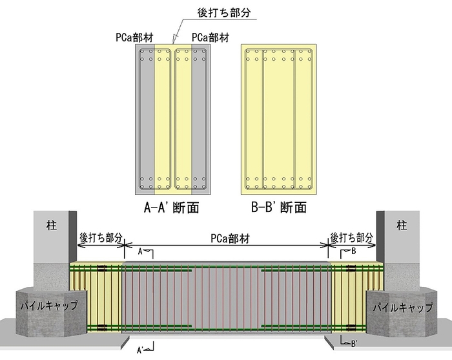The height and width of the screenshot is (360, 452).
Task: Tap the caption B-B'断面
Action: click(x=278, y=208)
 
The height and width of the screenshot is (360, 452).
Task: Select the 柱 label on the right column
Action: click(x=402, y=226)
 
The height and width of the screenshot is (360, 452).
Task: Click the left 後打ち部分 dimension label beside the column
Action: click(x=100, y=238)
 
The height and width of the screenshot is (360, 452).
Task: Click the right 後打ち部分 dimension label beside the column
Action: click(x=352, y=238)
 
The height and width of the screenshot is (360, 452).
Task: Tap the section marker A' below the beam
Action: click(x=140, y=350)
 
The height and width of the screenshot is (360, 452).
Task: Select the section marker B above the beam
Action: click(x=353, y=251)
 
